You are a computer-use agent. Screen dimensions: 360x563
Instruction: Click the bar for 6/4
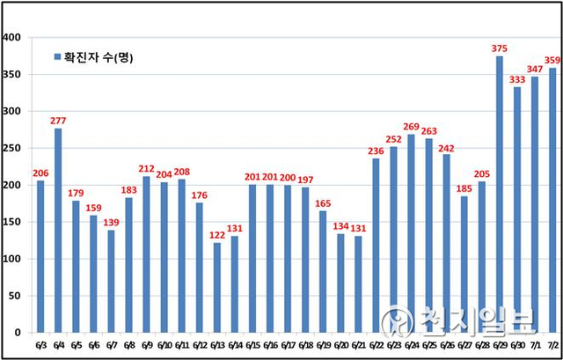58,231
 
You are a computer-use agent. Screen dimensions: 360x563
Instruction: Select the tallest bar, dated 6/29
500,195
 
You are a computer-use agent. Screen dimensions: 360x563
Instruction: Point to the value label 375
500,48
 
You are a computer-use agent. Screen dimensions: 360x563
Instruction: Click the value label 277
58,121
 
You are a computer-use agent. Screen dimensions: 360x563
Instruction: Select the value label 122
217,235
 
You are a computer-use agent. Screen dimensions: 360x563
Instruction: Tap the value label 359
552,60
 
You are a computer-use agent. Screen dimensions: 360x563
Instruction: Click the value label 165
323,203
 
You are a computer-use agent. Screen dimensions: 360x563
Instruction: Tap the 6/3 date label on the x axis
40,345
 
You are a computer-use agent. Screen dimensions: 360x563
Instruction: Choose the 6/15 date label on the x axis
252,345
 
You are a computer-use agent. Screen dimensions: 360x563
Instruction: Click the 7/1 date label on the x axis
535,345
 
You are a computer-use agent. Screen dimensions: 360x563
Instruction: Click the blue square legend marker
58,57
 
